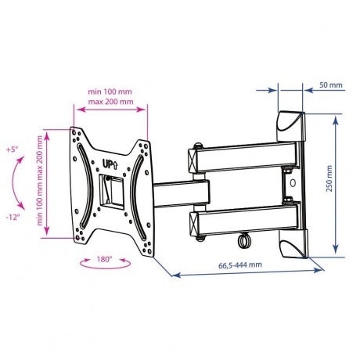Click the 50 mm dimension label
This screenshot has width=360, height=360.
coord(330,85)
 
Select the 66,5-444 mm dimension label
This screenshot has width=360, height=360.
coord(239,265)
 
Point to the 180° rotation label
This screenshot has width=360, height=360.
coord(104,259)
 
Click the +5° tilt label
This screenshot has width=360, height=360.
coord(13,149)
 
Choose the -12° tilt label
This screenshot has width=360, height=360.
coord(13,217)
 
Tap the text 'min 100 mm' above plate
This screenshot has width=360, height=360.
coord(110,92)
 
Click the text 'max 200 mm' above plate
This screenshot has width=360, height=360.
coord(110,101)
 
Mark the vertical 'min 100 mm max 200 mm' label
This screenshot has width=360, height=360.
coord(40,180)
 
